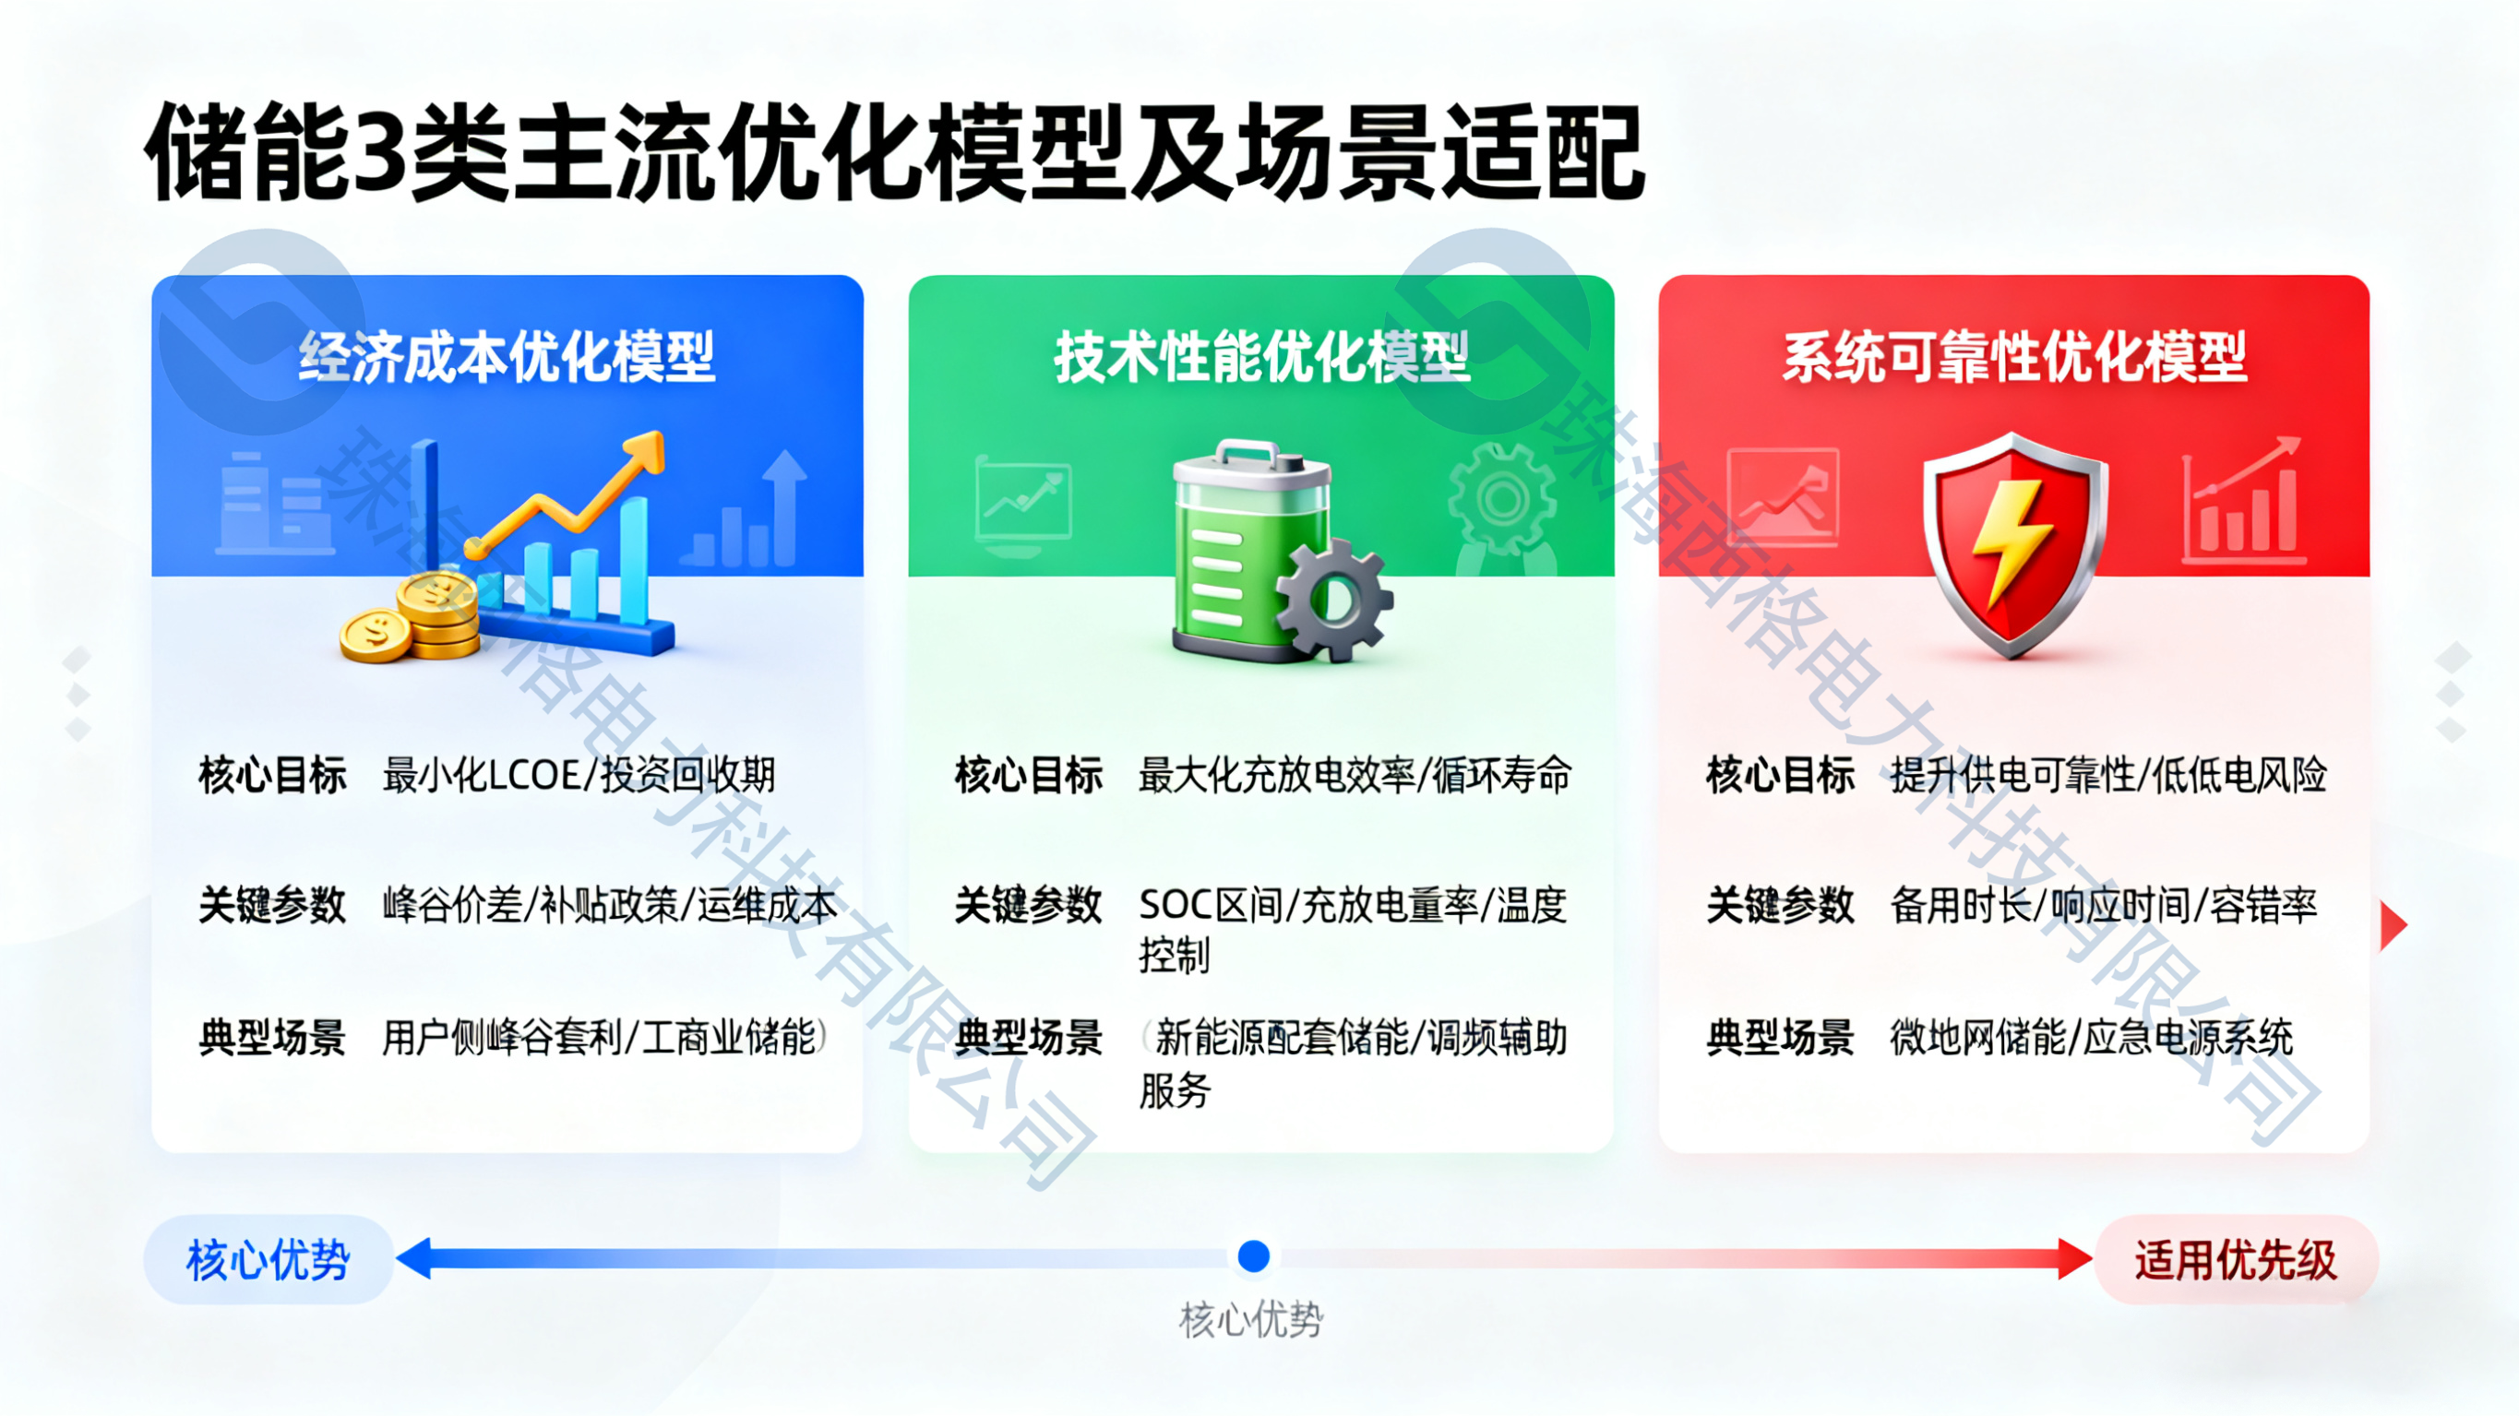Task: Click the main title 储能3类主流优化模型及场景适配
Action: [895, 151]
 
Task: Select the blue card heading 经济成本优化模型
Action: [507, 356]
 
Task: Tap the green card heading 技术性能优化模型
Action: [1261, 356]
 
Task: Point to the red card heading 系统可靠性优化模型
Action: [2014, 356]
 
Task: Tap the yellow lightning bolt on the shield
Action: [2011, 542]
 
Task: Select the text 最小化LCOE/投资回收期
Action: [579, 776]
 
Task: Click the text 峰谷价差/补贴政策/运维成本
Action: [609, 906]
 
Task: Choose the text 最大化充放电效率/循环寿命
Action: [1355, 776]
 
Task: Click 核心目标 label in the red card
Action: [1780, 776]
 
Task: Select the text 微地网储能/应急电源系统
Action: [2092, 1037]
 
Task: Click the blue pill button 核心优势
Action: [268, 1259]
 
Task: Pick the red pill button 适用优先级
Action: [2236, 1259]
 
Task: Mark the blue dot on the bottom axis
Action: [1254, 1255]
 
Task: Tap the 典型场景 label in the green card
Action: [1029, 1038]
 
